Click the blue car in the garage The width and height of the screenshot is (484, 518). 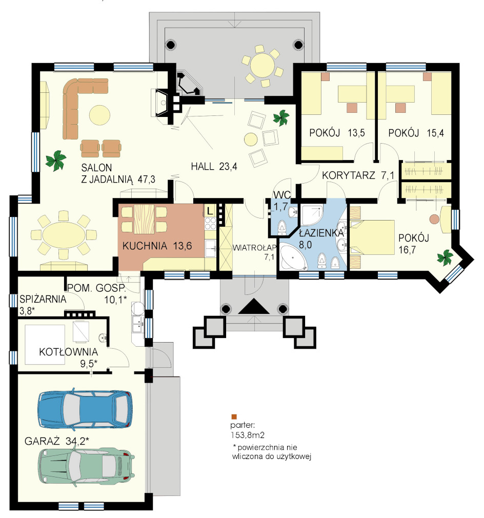click(x=86, y=410)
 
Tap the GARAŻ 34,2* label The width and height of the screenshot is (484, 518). click(x=57, y=441)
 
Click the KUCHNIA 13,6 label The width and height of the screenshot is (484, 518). click(x=157, y=246)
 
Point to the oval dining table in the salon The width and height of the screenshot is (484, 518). click(x=64, y=235)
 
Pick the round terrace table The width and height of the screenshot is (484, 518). click(x=263, y=66)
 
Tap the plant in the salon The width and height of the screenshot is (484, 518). click(x=56, y=160)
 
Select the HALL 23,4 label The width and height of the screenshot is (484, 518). click(x=214, y=167)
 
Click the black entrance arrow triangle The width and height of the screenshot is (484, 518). click(x=254, y=306)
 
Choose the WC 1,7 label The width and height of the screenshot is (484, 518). click(x=281, y=201)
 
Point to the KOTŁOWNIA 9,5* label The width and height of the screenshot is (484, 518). click(x=68, y=357)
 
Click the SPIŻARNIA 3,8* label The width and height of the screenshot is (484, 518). click(x=43, y=305)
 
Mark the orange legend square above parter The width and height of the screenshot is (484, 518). click(x=234, y=417)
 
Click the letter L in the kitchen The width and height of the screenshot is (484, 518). click(x=210, y=210)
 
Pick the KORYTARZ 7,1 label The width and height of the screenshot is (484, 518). click(x=358, y=175)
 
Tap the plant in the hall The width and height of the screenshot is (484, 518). click(x=281, y=117)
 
